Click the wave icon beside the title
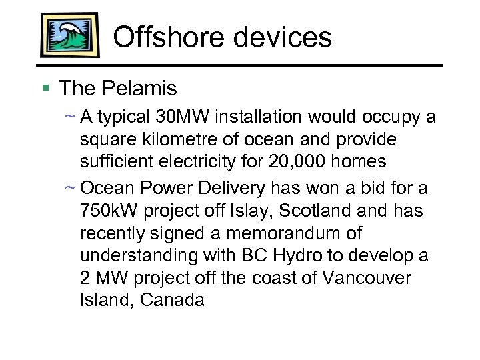click(x=69, y=35)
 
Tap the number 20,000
click(x=293, y=161)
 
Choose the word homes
click(x=358, y=161)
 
